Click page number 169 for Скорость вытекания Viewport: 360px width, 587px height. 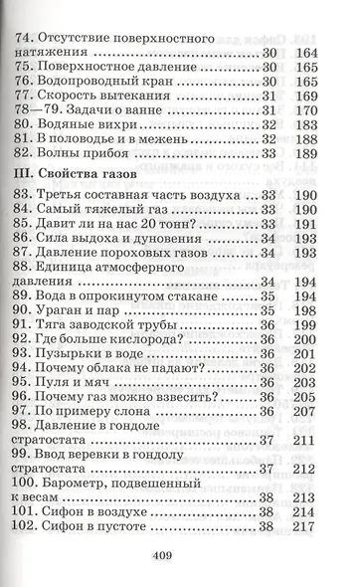(331, 97)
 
